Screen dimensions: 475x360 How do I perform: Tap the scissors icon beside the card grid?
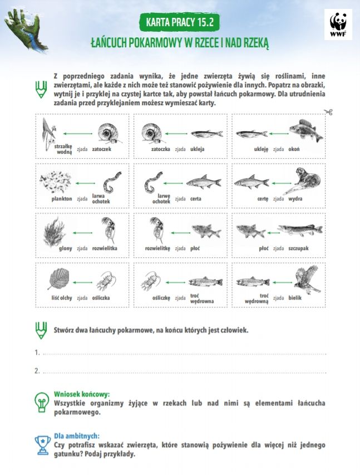point(328,112)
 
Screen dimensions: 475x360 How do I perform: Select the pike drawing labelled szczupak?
point(300,229)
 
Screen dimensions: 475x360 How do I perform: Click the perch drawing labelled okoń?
point(305,131)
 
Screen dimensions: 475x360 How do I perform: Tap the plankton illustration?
point(56,181)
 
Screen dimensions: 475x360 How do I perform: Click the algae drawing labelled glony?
point(55,229)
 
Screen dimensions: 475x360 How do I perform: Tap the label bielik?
point(294,298)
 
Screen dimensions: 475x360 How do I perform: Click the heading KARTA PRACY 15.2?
point(180,23)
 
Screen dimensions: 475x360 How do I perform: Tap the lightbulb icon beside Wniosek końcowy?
point(42,401)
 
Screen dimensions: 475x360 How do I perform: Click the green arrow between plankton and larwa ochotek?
point(85,183)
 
